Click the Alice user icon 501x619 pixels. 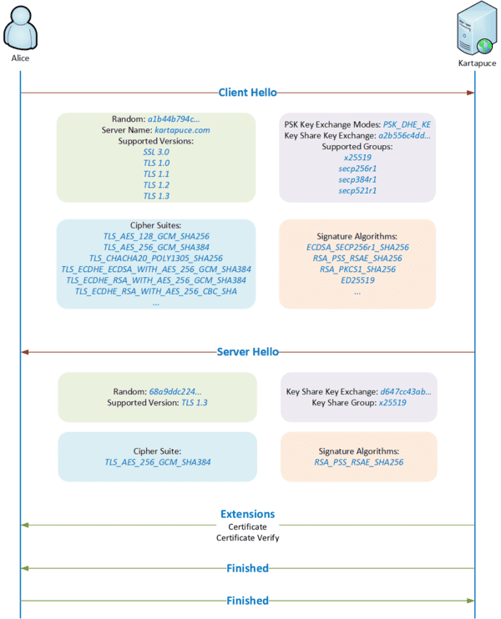click(x=19, y=29)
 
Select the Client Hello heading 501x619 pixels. click(x=247, y=93)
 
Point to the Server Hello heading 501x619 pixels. click(x=247, y=353)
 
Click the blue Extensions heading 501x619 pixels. click(x=247, y=514)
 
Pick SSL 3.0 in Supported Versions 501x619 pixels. click(x=156, y=153)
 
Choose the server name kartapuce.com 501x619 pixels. click(x=182, y=130)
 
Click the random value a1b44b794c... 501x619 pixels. click(x=174, y=119)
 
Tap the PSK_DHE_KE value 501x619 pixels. click(x=407, y=123)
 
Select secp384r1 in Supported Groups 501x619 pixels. click(x=357, y=179)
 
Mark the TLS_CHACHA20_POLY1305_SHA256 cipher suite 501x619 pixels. click(x=156, y=259)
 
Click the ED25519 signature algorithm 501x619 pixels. click(x=357, y=281)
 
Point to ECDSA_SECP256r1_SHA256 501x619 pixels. click(x=357, y=248)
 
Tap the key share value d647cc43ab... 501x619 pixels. click(x=406, y=390)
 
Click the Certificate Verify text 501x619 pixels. click(x=247, y=538)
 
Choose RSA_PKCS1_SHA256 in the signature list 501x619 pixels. click(x=357, y=269)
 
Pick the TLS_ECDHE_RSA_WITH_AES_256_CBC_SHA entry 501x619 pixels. click(x=156, y=291)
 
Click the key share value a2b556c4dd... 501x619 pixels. click(x=404, y=134)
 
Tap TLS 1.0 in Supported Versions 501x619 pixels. click(x=156, y=164)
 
